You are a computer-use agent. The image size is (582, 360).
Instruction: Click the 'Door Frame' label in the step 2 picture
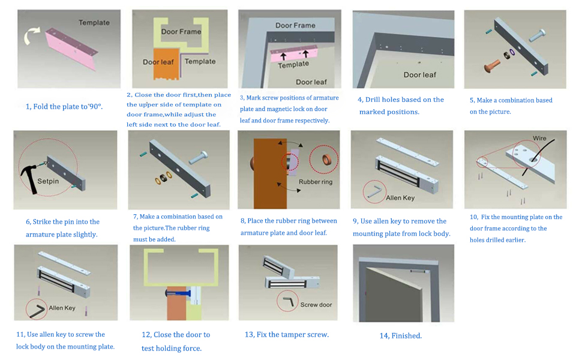181,31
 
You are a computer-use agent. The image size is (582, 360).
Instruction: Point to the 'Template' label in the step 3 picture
293,65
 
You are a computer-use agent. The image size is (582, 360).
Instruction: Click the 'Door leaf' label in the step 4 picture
419,75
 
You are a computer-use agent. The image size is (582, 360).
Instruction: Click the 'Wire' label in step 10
539,138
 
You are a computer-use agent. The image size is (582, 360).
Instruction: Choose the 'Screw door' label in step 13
316,305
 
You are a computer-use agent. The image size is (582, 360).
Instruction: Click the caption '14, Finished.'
400,336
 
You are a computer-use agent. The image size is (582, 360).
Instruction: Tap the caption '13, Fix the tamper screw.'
286,335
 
